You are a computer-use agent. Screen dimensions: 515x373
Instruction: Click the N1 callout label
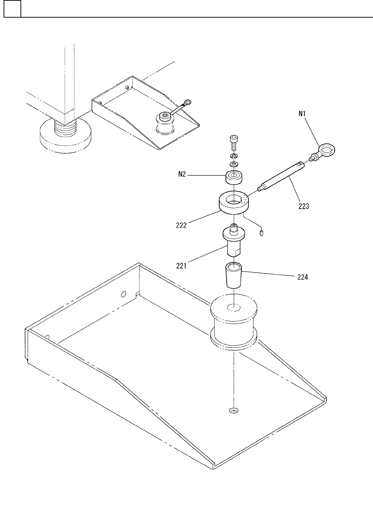pyautogui.click(x=302, y=114)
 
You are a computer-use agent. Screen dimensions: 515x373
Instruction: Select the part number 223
pyautogui.click(x=304, y=206)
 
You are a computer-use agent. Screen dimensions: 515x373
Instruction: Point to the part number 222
pyautogui.click(x=181, y=225)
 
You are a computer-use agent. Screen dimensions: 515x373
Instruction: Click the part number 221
pyautogui.click(x=181, y=266)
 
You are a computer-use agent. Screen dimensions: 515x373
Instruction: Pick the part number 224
pyautogui.click(x=303, y=277)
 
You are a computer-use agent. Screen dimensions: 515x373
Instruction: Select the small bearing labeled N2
pyautogui.click(x=234, y=177)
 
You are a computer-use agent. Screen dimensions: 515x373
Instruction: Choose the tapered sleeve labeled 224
pyautogui.click(x=234, y=275)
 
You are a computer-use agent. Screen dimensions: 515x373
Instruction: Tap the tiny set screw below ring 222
pyautogui.click(x=262, y=233)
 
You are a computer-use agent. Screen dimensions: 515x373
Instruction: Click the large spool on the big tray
pyautogui.click(x=234, y=324)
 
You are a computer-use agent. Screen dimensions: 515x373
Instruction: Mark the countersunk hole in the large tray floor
pyautogui.click(x=234, y=411)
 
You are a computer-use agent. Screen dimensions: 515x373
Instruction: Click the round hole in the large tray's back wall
pyautogui.click(x=123, y=295)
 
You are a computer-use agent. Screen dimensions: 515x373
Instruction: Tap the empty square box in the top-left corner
pyautogui.click(x=12, y=9)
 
